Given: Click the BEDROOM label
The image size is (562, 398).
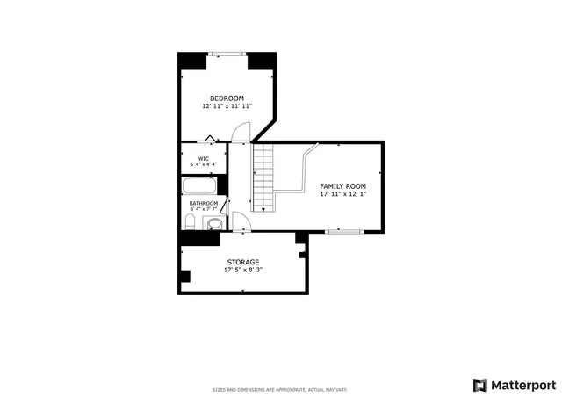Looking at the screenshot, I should [x=227, y=98].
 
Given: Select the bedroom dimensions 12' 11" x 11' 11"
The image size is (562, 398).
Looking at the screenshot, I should [x=227, y=106].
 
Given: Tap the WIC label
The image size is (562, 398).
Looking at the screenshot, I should [x=203, y=158].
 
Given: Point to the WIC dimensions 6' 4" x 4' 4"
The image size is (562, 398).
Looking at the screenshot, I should [x=203, y=165].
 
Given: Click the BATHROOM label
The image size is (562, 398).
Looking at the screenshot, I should [x=204, y=203].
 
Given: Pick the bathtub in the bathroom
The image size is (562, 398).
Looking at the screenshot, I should [x=201, y=186].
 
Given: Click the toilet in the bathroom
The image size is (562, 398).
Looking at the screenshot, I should [x=213, y=224].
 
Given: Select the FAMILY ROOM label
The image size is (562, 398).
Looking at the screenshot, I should [x=342, y=186].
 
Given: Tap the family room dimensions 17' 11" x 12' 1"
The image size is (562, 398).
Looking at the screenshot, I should [x=342, y=195].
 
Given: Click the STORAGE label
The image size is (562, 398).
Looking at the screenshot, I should [x=243, y=262].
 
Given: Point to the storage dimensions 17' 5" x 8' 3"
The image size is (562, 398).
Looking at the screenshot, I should [x=243, y=270].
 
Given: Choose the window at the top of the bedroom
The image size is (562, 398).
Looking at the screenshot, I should [x=228, y=54].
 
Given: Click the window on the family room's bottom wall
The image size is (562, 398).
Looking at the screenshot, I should [x=344, y=232].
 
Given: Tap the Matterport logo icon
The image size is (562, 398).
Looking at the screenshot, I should [x=479, y=385].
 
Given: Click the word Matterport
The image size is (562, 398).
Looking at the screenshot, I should [x=522, y=385].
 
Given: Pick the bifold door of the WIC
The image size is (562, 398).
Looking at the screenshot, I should [x=211, y=139].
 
